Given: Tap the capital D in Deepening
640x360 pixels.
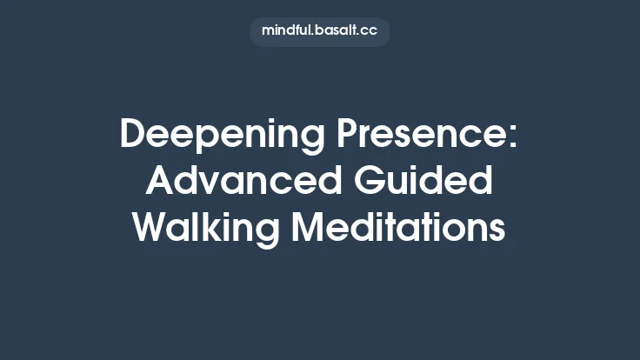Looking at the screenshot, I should [x=133, y=137].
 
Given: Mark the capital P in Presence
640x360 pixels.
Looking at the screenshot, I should [x=350, y=137].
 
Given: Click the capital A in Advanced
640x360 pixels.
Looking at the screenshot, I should [x=161, y=182].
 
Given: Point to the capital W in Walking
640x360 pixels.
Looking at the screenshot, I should [x=152, y=227].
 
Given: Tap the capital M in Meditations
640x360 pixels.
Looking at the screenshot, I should [x=310, y=227].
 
